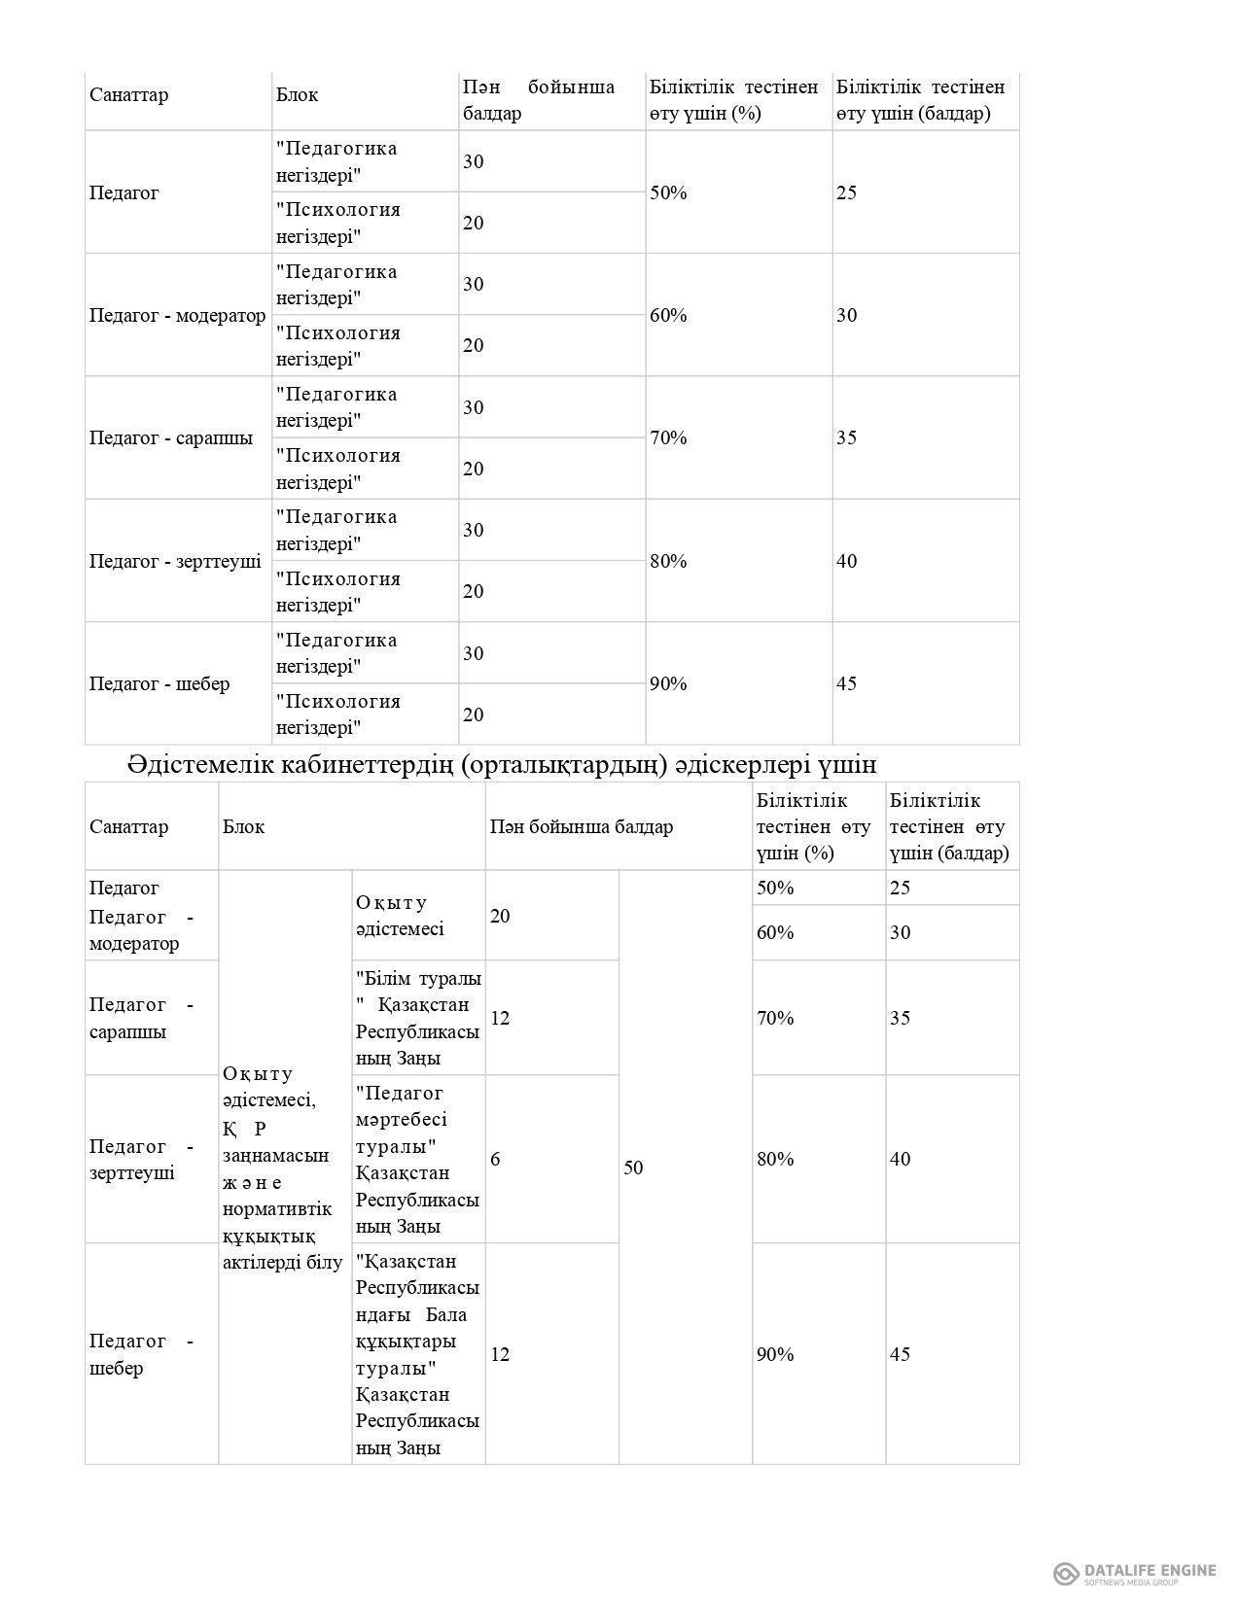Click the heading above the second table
click(501, 765)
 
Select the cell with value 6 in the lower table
click(496, 1159)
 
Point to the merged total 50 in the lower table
click(633, 1168)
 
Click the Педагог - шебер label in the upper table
click(159, 683)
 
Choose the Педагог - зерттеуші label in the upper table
click(175, 561)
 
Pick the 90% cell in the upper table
click(668, 683)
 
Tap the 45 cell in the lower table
click(901, 1354)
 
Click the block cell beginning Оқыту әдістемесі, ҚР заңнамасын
click(282, 1168)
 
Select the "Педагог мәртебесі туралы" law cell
click(417, 1159)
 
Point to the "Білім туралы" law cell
click(417, 1018)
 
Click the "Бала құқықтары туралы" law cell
click(417, 1354)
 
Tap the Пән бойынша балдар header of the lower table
click(581, 827)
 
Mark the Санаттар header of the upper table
click(128, 95)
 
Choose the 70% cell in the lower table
click(775, 1018)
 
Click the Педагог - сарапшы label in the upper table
click(171, 437)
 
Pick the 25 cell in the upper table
click(847, 192)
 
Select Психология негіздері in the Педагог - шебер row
click(337, 715)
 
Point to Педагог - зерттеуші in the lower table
click(141, 1159)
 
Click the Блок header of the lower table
click(243, 827)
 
